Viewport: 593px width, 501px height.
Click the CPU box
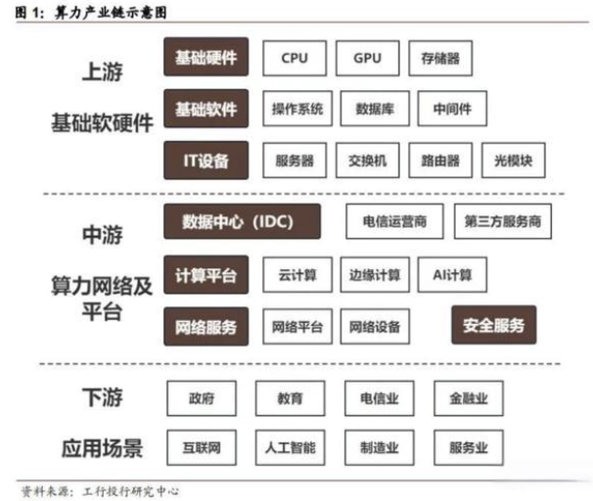point(295,59)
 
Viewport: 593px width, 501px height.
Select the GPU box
point(368,59)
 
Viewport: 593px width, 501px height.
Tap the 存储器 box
point(440,59)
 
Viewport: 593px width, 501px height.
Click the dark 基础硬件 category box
point(206,57)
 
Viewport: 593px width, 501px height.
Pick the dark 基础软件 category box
point(206,109)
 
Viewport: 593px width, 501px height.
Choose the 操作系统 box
point(297,109)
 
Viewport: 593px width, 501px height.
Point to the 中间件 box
point(452,109)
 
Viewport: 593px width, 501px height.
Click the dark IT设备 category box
point(206,160)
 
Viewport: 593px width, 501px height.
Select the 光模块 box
point(514,160)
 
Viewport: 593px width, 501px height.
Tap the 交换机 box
point(368,160)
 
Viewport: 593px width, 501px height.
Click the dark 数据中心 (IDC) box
point(242,221)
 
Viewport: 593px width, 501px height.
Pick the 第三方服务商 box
point(503,221)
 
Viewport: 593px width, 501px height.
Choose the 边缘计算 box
point(375,275)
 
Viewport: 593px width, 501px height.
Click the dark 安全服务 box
point(494,325)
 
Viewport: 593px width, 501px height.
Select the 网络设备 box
point(375,327)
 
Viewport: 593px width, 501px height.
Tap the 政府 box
point(202,398)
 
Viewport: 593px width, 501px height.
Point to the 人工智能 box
point(290,448)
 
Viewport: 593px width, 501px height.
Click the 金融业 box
point(469,398)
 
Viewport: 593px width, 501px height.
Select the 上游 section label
point(103,71)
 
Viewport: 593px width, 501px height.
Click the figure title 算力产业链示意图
point(111,13)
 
